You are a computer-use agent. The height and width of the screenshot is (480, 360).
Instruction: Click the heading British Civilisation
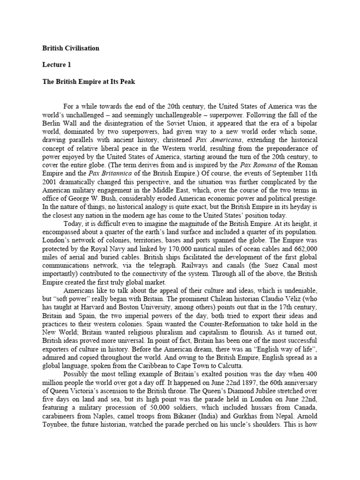click(71, 48)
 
